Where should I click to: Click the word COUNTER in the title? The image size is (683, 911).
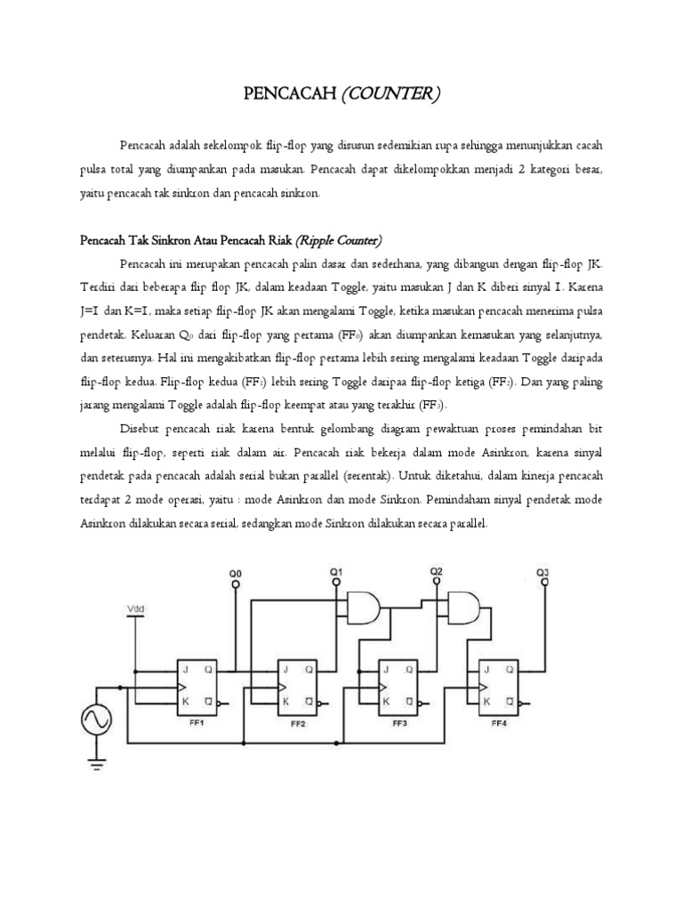pyautogui.click(x=391, y=93)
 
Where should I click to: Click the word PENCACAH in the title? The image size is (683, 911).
pyautogui.click(x=290, y=93)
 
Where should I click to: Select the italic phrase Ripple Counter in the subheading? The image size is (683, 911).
pyautogui.click(x=339, y=239)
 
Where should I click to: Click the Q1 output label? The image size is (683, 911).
pyautogui.click(x=336, y=570)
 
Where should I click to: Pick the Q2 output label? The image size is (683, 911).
pyautogui.click(x=436, y=570)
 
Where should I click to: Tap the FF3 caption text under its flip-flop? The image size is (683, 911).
pyautogui.click(x=397, y=722)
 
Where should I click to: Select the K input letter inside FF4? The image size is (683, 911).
pyautogui.click(x=486, y=700)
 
